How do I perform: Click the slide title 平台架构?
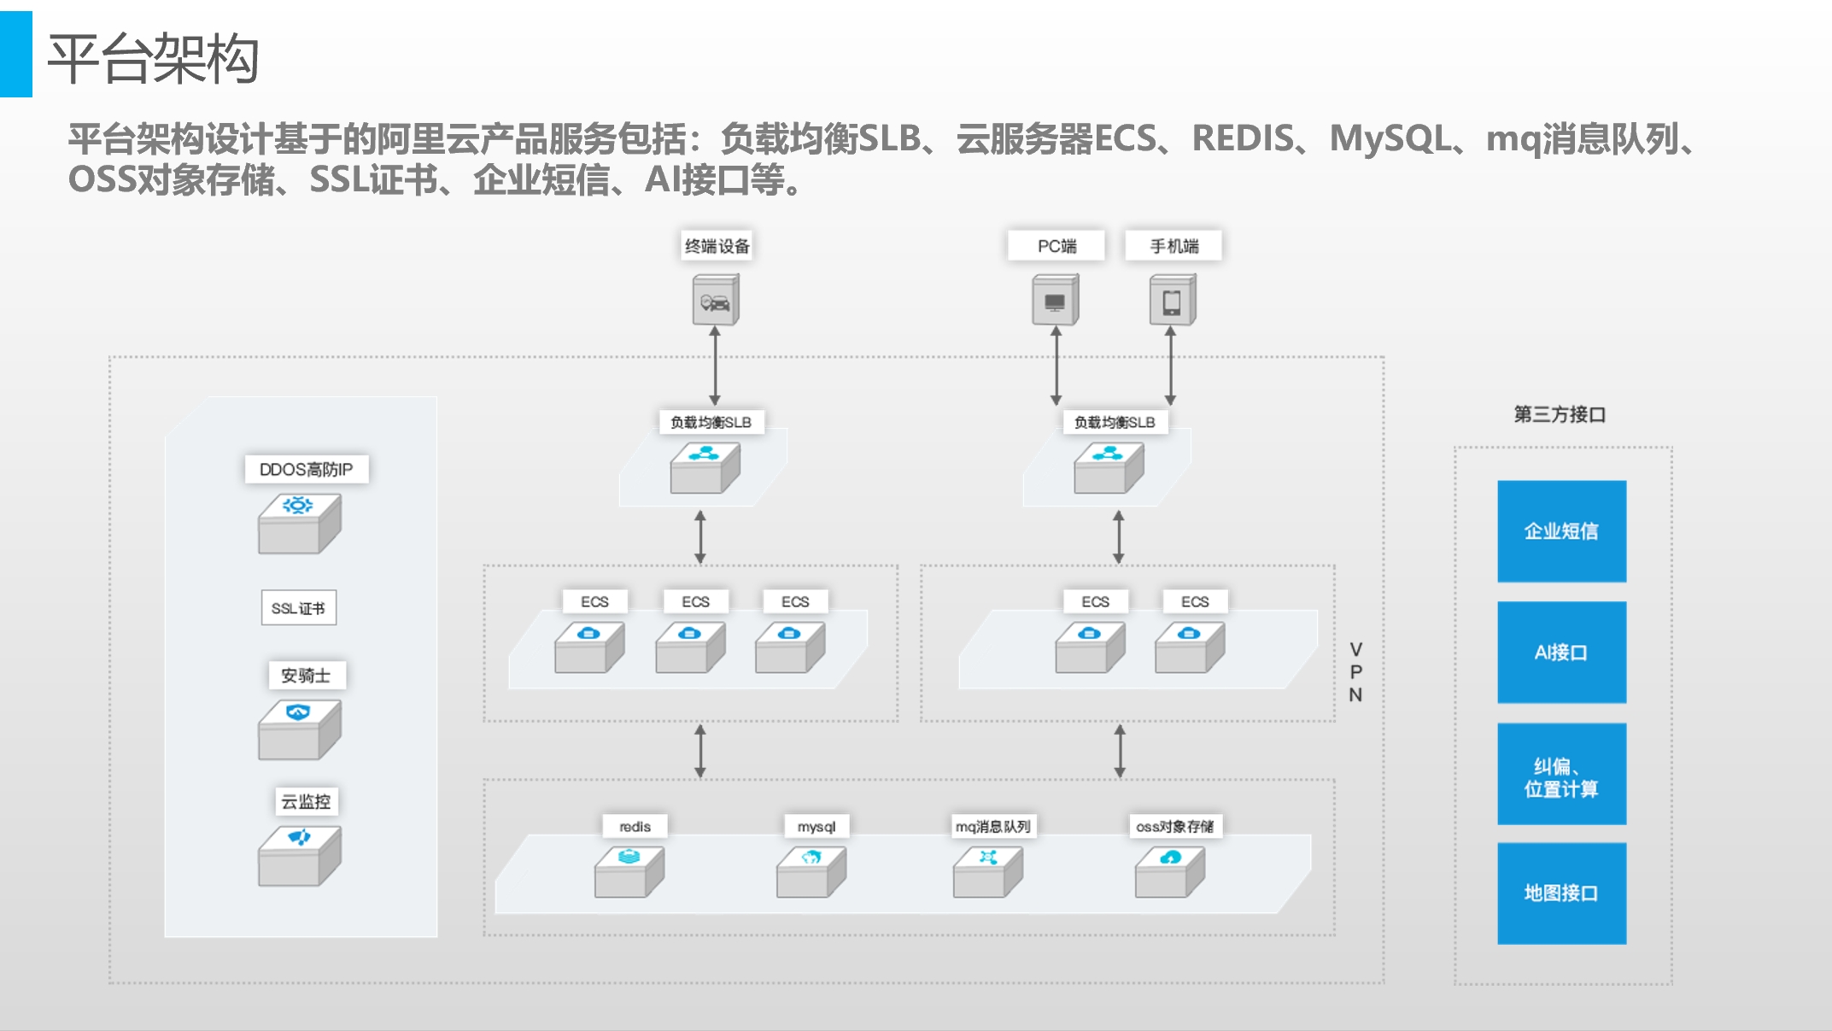pyautogui.click(x=154, y=59)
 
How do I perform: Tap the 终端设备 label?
pyautogui.click(x=717, y=246)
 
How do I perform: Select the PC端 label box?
pyautogui.click(x=1056, y=246)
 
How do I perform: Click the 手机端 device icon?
pyautogui.click(x=1172, y=301)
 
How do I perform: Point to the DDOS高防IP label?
pyautogui.click(x=306, y=469)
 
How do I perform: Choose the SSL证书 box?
pyautogui.click(x=298, y=608)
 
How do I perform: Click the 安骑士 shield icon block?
pyautogui.click(x=299, y=729)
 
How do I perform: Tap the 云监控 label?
pyautogui.click(x=306, y=801)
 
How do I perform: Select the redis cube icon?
pyautogui.click(x=629, y=871)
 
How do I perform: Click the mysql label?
pyautogui.click(x=816, y=826)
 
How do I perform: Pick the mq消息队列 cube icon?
pyautogui.click(x=987, y=871)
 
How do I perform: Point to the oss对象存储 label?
pyautogui.click(x=1174, y=826)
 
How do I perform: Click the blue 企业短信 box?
pyautogui.click(x=1561, y=531)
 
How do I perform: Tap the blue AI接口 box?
pyautogui.click(x=1561, y=653)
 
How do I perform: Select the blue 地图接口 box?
pyautogui.click(x=1561, y=893)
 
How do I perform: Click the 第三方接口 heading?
pyautogui.click(x=1560, y=414)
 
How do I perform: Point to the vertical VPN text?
pyautogui.click(x=1355, y=672)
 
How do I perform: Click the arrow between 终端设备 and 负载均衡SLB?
pyautogui.click(x=715, y=366)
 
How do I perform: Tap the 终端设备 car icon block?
pyautogui.click(x=716, y=301)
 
